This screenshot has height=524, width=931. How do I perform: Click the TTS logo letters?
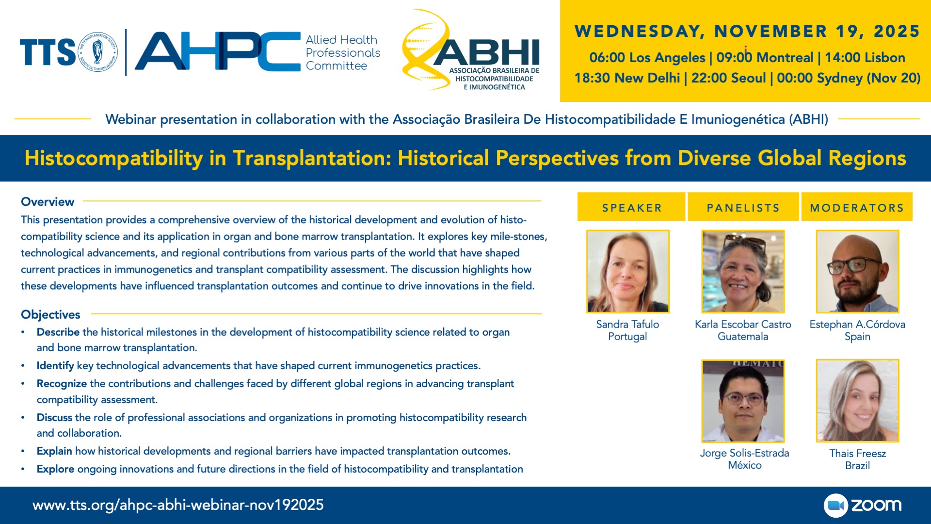pyautogui.click(x=48, y=52)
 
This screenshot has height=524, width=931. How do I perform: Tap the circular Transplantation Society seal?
pyautogui.click(x=97, y=52)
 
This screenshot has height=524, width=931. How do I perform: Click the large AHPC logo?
pyautogui.click(x=218, y=51)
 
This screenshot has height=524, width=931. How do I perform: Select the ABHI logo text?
pyautogui.click(x=486, y=52)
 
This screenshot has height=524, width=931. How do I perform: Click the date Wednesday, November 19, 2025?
pyautogui.click(x=747, y=31)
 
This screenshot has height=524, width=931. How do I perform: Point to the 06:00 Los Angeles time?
pyautogui.click(x=647, y=58)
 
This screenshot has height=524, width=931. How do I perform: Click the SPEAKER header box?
pyautogui.click(x=631, y=207)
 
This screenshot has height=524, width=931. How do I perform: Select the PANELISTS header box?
pyautogui.click(x=743, y=207)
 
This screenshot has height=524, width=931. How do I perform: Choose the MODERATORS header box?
pyautogui.click(x=857, y=207)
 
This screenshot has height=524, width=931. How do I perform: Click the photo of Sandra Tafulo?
pyautogui.click(x=628, y=271)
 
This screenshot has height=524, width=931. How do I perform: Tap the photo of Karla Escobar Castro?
pyautogui.click(x=743, y=271)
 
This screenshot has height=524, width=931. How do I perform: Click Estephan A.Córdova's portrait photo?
pyautogui.click(x=857, y=271)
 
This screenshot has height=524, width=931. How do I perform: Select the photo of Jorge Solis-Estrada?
pyautogui.click(x=743, y=401)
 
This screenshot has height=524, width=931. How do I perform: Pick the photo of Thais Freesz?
pyautogui.click(x=857, y=401)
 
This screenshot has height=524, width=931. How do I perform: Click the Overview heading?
pyautogui.click(x=48, y=202)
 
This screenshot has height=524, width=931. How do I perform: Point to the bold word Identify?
pyautogui.click(x=55, y=366)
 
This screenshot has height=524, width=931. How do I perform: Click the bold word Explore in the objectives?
pyautogui.click(x=55, y=469)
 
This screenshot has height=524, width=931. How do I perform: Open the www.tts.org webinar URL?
pyautogui.click(x=178, y=505)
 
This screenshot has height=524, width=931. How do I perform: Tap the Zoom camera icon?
pyautogui.click(x=835, y=506)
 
